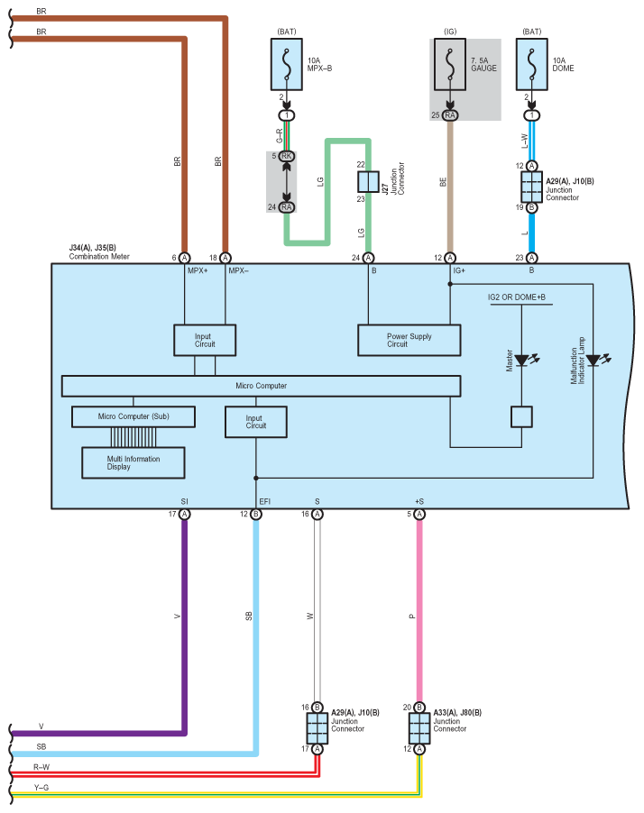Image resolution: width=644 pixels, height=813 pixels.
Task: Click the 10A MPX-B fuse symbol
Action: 287,64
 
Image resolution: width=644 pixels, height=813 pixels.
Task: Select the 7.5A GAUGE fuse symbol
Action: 450,64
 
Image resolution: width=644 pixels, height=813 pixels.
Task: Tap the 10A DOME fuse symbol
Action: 531,64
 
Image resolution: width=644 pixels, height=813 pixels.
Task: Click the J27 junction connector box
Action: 368,181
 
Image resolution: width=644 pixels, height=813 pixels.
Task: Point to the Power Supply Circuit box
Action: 409,340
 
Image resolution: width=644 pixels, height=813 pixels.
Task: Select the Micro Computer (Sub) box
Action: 133,416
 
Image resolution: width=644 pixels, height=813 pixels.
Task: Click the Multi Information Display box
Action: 133,462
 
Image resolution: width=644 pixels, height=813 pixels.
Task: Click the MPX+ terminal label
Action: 198,270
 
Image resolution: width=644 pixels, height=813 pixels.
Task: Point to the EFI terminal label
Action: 264,501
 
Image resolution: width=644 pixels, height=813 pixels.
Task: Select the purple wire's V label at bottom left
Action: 41,726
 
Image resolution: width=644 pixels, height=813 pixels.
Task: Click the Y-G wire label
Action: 41,788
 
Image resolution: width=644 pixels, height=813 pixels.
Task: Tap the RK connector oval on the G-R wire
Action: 287,156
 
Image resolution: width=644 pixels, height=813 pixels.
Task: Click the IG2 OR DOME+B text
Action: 516,297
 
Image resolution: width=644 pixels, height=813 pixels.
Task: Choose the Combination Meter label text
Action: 99,256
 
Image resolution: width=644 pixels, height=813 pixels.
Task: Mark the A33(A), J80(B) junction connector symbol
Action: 419,728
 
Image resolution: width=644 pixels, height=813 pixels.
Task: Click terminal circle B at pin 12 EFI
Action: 256,515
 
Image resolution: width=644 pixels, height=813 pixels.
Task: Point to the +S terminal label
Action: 419,501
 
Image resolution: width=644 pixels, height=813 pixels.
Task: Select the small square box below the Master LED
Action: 521,416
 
